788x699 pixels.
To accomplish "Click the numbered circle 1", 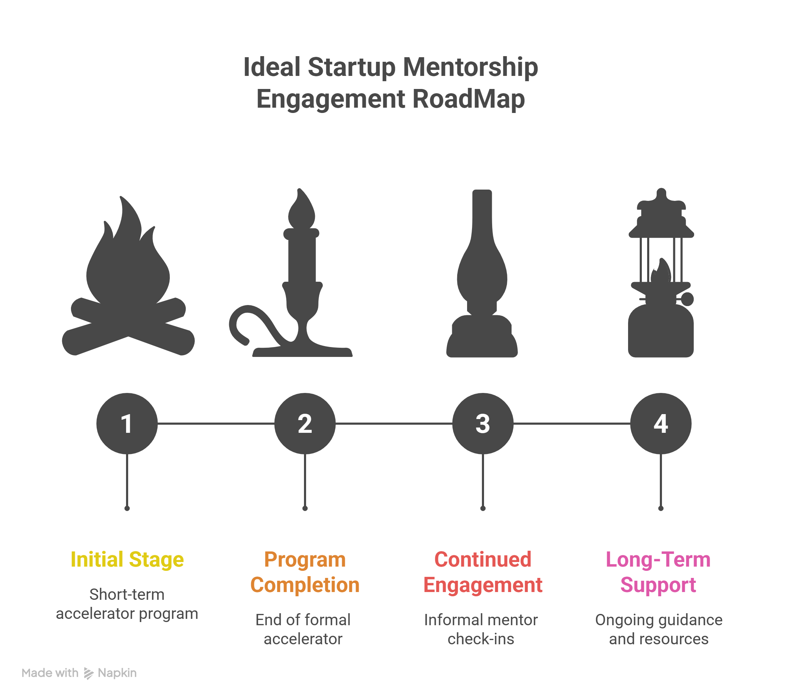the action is pyautogui.click(x=127, y=423).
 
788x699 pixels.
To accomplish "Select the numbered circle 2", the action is pyautogui.click(x=305, y=423).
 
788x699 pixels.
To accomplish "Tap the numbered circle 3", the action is pyautogui.click(x=483, y=423).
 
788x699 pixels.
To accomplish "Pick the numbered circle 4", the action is pyautogui.click(x=661, y=423).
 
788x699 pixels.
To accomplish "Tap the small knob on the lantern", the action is pyautogui.click(x=687, y=299).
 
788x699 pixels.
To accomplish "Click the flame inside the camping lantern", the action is pyautogui.click(x=662, y=272).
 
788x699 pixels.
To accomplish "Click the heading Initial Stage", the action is pyautogui.click(x=127, y=560).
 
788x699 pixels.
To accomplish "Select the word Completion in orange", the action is pyautogui.click(x=305, y=585).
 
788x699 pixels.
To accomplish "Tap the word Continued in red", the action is pyautogui.click(x=483, y=560).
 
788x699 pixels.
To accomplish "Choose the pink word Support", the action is pyautogui.click(x=658, y=585).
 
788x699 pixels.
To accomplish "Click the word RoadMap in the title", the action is pyautogui.click(x=468, y=99).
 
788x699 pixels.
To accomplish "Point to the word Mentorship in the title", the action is pyautogui.click(x=470, y=67).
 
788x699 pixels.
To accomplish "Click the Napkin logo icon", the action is pyautogui.click(x=89, y=673).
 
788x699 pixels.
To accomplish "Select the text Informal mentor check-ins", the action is pyautogui.click(x=481, y=629).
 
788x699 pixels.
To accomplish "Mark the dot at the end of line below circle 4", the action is pyautogui.click(x=661, y=508).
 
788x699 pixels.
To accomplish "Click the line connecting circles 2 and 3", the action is pyautogui.click(x=394, y=423).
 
